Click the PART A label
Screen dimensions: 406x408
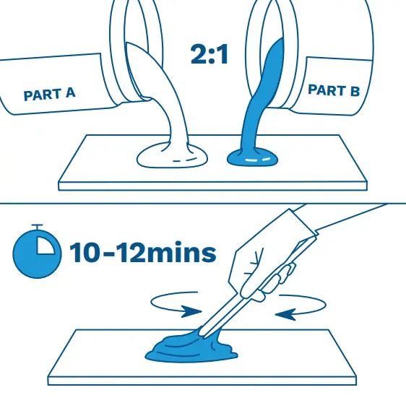click(x=49, y=94)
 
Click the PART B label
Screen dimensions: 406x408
click(x=334, y=90)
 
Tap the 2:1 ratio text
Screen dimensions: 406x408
click(x=210, y=54)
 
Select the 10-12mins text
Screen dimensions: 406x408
click(x=142, y=253)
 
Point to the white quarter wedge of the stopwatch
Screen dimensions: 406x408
click(x=45, y=246)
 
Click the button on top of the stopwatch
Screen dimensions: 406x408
click(x=38, y=226)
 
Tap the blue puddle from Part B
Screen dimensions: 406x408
click(x=252, y=157)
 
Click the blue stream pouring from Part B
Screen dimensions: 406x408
click(x=260, y=96)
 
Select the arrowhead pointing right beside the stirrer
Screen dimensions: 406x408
click(x=191, y=311)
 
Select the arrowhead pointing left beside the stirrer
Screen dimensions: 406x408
click(x=285, y=314)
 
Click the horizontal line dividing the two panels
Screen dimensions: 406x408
click(x=203, y=203)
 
